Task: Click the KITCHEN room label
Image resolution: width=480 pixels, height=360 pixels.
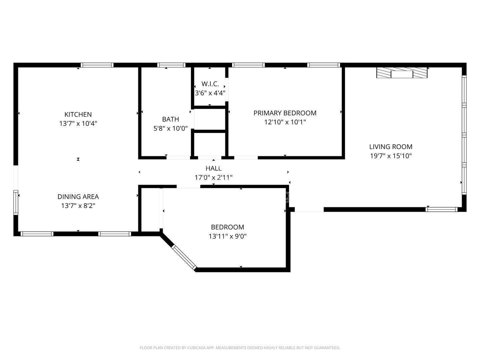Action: [x=78, y=114]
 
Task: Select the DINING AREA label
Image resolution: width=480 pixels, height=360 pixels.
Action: [x=78, y=197]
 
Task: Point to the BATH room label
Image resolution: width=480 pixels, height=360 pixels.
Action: [x=170, y=119]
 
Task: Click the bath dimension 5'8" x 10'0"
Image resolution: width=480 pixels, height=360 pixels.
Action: [x=170, y=128]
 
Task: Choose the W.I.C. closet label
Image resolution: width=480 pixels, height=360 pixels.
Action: [x=210, y=84]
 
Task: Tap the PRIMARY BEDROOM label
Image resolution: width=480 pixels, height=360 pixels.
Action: [x=285, y=113]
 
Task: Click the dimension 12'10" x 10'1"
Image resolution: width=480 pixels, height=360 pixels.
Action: [x=285, y=122]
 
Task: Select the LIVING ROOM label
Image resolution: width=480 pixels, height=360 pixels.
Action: [x=391, y=147]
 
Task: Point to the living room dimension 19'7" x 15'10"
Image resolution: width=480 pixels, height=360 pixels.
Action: [x=391, y=156]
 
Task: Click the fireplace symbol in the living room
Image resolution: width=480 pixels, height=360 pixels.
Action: [x=402, y=73]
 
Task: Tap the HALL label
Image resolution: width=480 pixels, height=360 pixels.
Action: [x=213, y=168]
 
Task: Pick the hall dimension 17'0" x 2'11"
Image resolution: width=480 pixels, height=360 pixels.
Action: [x=213, y=178]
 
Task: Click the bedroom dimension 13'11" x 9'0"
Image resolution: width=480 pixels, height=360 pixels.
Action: [x=227, y=236]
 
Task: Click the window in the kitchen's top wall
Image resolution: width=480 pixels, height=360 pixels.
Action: [x=97, y=65]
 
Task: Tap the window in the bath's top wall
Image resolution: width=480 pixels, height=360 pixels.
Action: [x=171, y=65]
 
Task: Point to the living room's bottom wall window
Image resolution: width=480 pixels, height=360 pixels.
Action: [x=442, y=209]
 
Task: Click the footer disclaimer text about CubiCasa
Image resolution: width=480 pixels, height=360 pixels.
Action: [x=240, y=348]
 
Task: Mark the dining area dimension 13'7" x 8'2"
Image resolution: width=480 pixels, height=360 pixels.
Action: [x=78, y=206]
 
